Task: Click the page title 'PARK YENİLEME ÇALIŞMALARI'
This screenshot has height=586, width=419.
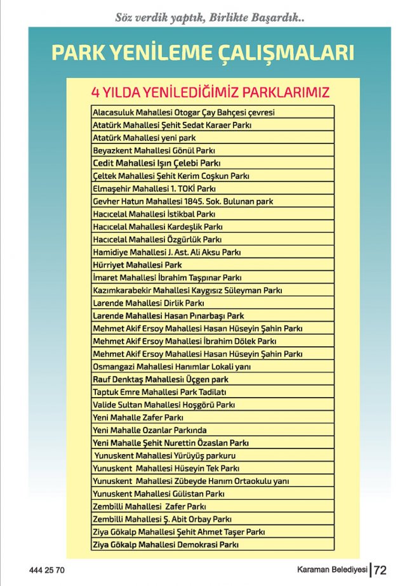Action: (202, 52)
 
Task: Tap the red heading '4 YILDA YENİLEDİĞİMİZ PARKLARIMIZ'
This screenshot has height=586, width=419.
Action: (211, 93)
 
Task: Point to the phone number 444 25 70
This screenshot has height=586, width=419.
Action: (47, 570)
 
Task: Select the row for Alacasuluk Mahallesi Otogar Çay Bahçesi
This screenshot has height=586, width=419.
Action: (184, 112)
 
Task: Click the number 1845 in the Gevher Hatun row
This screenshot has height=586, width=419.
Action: (190, 201)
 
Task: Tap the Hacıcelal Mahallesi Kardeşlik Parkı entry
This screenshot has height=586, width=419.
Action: (157, 226)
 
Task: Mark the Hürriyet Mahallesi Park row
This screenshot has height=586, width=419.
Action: (137, 264)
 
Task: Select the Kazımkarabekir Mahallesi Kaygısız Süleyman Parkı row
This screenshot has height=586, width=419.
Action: (187, 290)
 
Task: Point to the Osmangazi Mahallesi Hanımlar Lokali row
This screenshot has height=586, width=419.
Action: (172, 367)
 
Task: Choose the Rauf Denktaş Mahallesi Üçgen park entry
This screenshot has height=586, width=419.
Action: (161, 379)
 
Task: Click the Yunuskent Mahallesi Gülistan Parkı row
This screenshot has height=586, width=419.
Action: (159, 493)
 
